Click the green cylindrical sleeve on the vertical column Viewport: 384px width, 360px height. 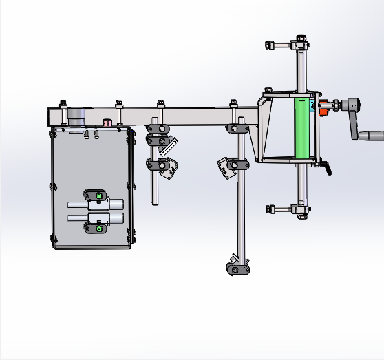(x=301, y=128)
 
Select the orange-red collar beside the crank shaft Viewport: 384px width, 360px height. (x=323, y=107)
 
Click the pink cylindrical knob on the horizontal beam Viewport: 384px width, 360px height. (x=107, y=123)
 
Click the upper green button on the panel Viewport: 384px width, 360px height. (x=100, y=196)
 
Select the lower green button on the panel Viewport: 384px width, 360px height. (x=100, y=228)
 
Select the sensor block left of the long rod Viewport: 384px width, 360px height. (x=224, y=167)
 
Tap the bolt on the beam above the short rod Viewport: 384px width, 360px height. (x=161, y=104)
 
